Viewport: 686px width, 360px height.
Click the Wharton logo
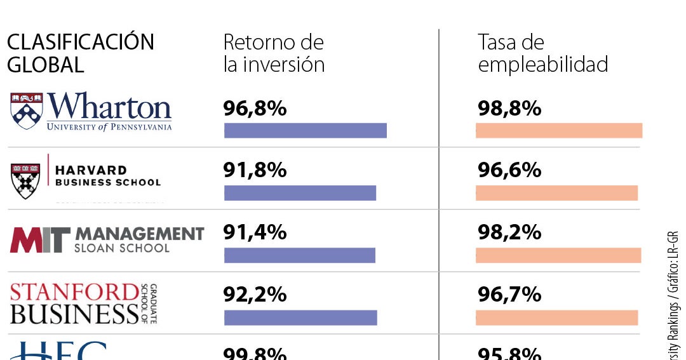click(x=91, y=112)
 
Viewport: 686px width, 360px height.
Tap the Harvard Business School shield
click(x=26, y=180)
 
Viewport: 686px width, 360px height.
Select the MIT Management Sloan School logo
click(x=107, y=239)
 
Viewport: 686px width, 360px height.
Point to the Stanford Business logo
click(x=83, y=303)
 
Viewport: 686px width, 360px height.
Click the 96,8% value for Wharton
click(x=255, y=109)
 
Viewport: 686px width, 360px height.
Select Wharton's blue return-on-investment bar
click(x=305, y=130)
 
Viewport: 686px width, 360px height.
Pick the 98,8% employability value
click(x=509, y=109)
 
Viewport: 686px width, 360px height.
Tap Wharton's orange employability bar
click(x=559, y=130)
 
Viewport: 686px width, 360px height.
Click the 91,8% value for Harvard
click(x=255, y=170)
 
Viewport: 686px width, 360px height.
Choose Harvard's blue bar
click(x=300, y=193)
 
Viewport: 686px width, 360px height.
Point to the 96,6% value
click(x=509, y=170)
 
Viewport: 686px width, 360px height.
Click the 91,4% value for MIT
click(x=255, y=232)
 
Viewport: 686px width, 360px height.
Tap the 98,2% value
click(x=509, y=232)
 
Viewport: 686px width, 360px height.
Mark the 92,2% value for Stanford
click(x=255, y=295)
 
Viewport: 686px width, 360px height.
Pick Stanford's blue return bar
click(x=300, y=317)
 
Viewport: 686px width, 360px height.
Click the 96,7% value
click(x=509, y=295)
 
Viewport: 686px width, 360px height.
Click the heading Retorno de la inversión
click(x=274, y=53)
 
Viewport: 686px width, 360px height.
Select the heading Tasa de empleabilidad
click(x=542, y=53)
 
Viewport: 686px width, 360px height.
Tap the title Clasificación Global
click(x=80, y=53)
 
